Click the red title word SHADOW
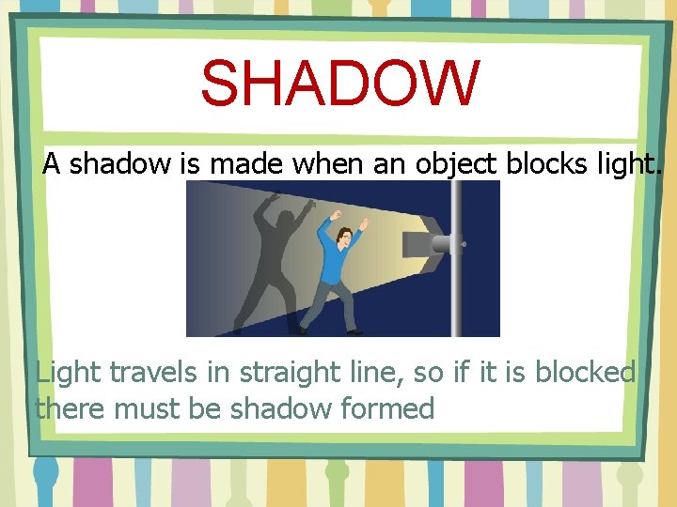pyautogui.click(x=339, y=84)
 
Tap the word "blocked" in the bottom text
pyautogui.click(x=585, y=373)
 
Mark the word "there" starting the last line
pyautogui.click(x=71, y=408)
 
